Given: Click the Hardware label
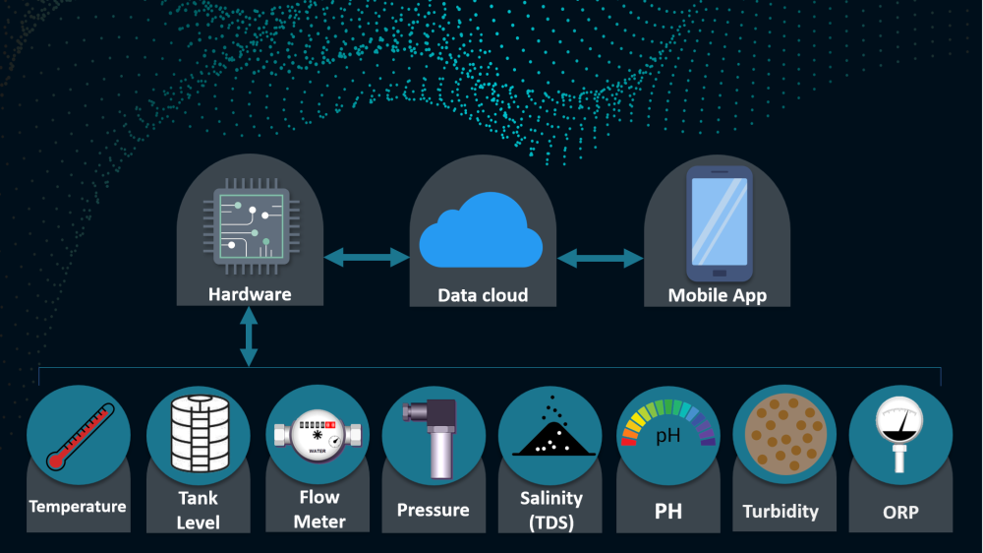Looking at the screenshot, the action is (250, 294).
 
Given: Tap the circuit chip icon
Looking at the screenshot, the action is (251, 226).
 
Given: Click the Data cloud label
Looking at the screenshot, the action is (483, 295).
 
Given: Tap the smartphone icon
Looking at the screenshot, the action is (720, 223).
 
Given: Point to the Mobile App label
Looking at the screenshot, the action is (718, 295).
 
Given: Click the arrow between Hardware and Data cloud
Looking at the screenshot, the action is (367, 257).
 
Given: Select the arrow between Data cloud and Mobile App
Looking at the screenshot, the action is (600, 258).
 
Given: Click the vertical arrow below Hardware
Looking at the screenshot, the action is (249, 337).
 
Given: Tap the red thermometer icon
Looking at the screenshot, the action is (81, 436).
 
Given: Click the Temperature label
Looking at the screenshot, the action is (78, 507).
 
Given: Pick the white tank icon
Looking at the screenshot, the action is (200, 433).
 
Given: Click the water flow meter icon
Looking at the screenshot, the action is (318, 435).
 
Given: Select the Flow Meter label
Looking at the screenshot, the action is (319, 509).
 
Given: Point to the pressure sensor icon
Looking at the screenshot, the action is (434, 439).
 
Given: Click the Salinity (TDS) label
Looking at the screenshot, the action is (551, 510).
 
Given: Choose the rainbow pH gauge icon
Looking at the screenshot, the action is (668, 422).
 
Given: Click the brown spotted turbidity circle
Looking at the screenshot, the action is (785, 434).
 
